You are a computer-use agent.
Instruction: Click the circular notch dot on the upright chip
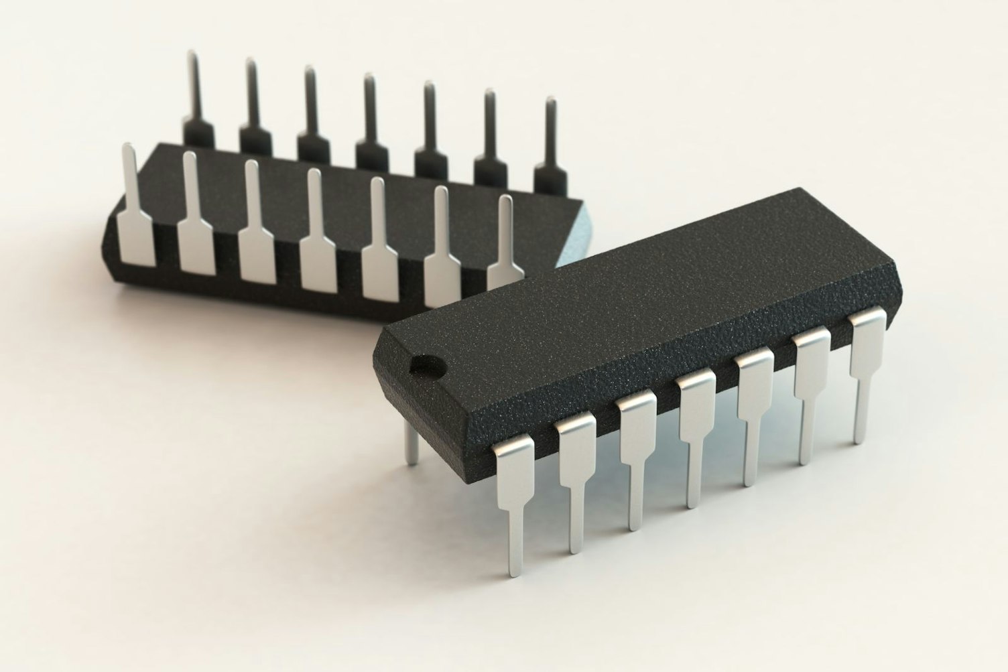tap(430, 364)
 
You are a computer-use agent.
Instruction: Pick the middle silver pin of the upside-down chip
tap(318, 248)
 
